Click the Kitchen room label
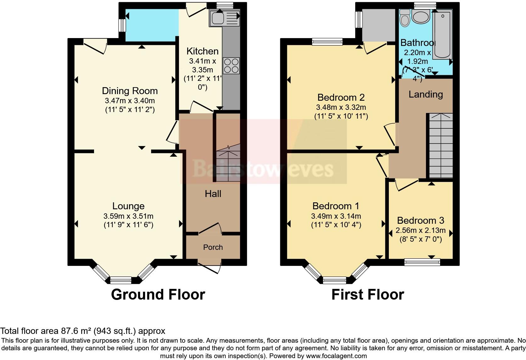202,51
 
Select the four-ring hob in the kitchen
231,66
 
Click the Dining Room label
130,91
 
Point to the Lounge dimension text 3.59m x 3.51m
128,216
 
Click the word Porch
213,247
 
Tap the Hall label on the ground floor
213,194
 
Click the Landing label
426,94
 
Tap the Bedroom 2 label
341,97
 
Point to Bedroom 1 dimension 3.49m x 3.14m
336,216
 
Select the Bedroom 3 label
421,220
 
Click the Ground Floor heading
158,295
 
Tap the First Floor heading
367,295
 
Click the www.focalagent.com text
336,356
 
